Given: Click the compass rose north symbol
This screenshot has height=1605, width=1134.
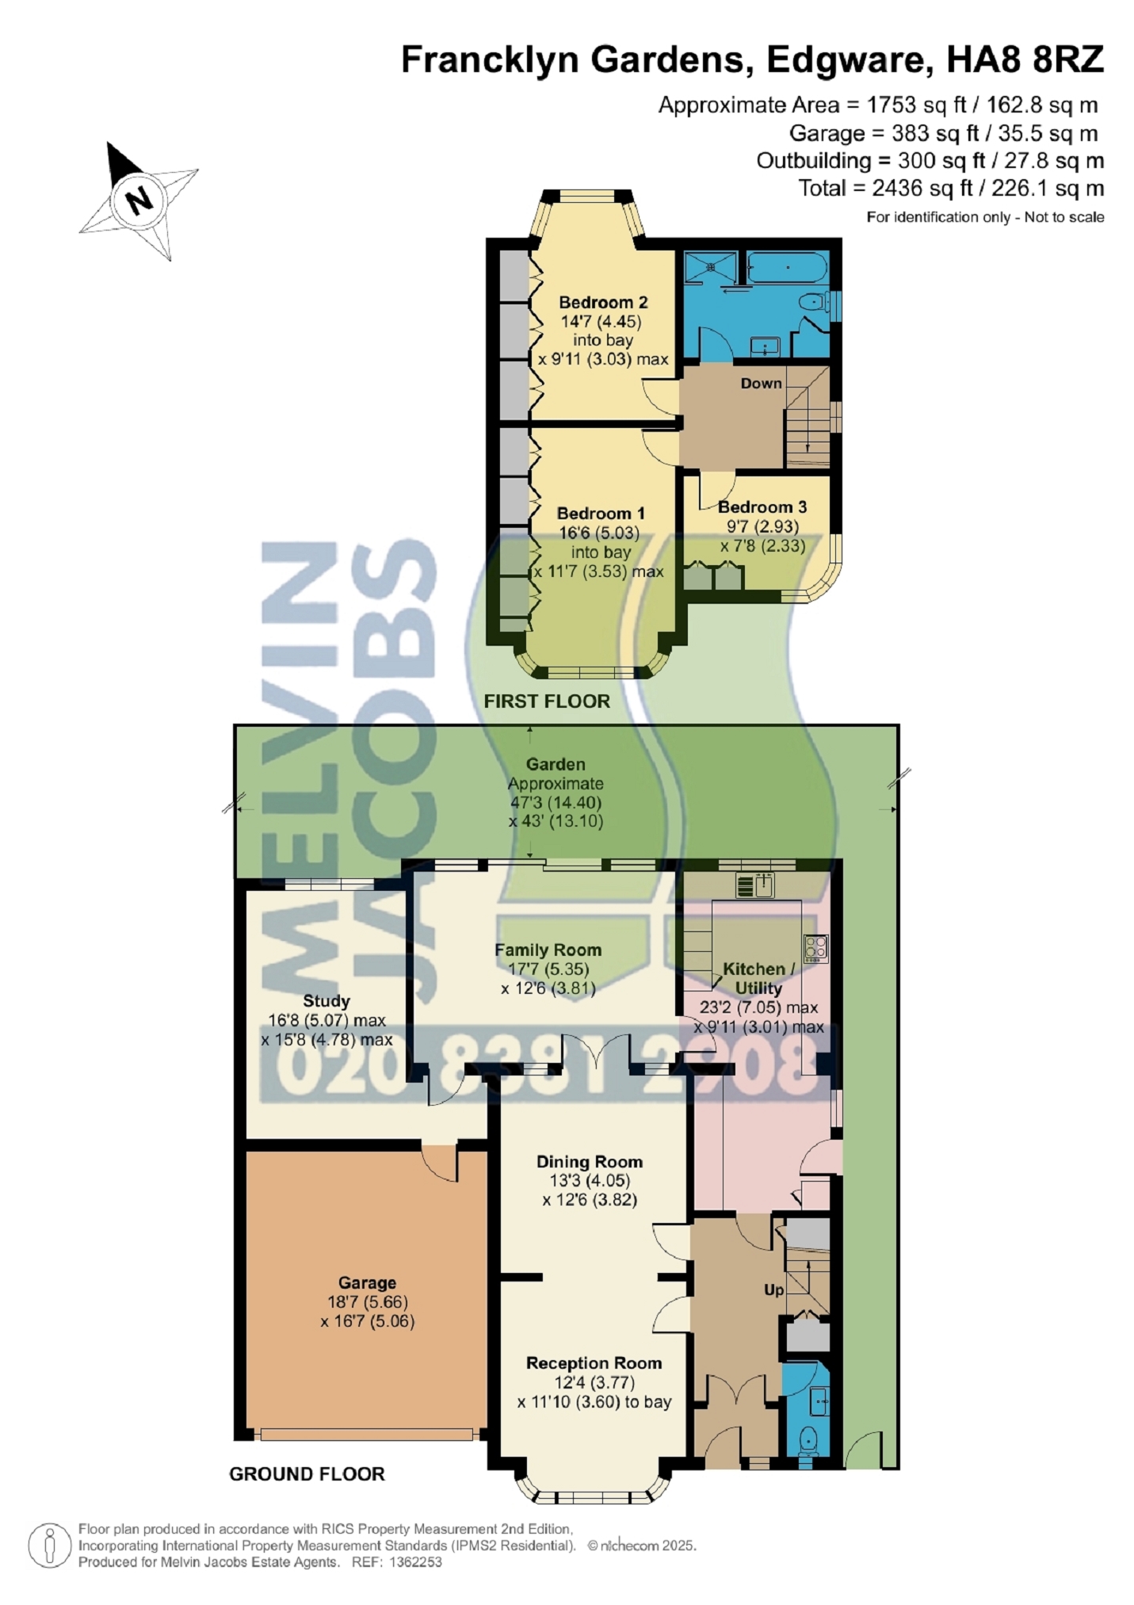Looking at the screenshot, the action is (x=139, y=201).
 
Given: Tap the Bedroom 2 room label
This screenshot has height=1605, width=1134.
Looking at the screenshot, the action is (x=603, y=302).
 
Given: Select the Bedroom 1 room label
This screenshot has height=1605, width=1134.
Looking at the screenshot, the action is (x=601, y=514).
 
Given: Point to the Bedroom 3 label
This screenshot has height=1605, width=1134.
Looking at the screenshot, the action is (x=762, y=507).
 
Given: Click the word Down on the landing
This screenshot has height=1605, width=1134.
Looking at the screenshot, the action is (x=761, y=384).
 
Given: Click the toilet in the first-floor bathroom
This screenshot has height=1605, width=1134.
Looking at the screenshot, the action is (x=812, y=304).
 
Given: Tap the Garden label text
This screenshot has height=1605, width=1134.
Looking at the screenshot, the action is (x=556, y=765).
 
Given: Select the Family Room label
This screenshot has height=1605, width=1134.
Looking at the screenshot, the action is (x=548, y=950).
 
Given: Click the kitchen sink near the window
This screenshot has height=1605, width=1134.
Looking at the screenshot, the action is (x=754, y=885).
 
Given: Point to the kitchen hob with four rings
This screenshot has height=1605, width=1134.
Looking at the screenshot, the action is (x=815, y=949).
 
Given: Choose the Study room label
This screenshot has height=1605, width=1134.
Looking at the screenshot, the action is (x=326, y=1002).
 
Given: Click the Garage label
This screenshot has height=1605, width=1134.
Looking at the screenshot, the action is (x=367, y=1283).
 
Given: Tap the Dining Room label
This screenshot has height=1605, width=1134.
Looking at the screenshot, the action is (x=589, y=1163).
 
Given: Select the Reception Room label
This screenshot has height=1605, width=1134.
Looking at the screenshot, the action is (x=594, y=1364).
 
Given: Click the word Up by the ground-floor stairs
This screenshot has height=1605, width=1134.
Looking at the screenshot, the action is (x=773, y=1290).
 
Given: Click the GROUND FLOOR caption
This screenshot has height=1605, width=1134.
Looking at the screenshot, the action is (x=307, y=1474).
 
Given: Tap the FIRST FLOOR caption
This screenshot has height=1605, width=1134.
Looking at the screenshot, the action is (x=547, y=701).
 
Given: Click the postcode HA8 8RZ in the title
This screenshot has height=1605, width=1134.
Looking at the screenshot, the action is (x=1025, y=60).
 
